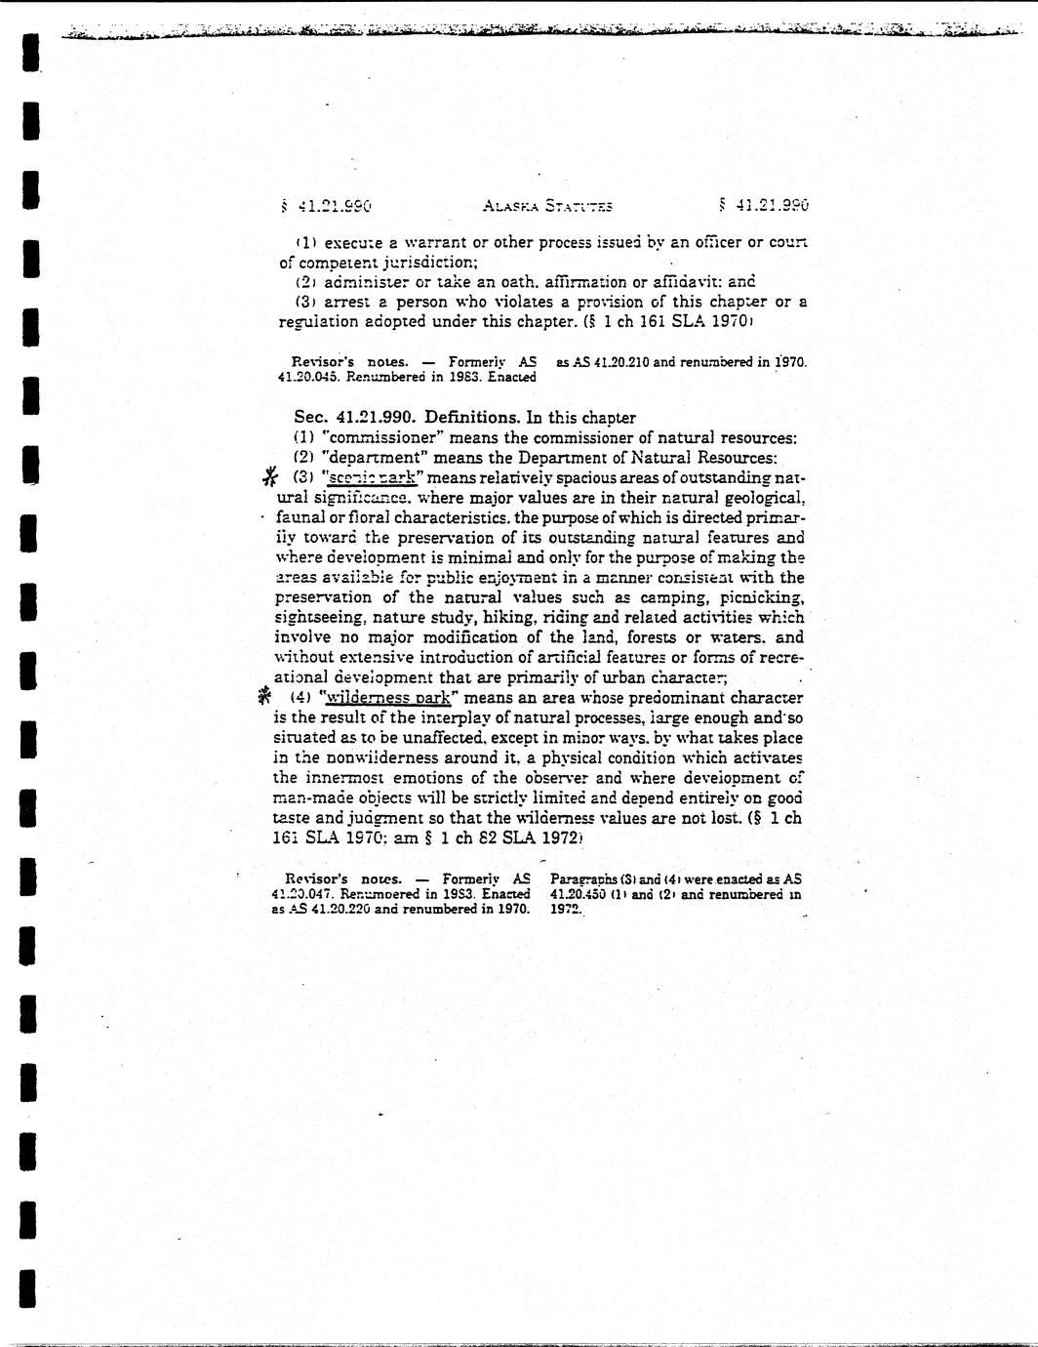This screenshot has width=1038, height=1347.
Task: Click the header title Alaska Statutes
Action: click(546, 206)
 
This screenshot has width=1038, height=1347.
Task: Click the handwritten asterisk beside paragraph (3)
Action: click(270, 477)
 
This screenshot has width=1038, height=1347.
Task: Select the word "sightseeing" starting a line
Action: click(317, 618)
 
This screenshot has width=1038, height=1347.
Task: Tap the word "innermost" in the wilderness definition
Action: click(337, 778)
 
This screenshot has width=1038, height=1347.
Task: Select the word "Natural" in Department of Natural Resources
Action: click(663, 458)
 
